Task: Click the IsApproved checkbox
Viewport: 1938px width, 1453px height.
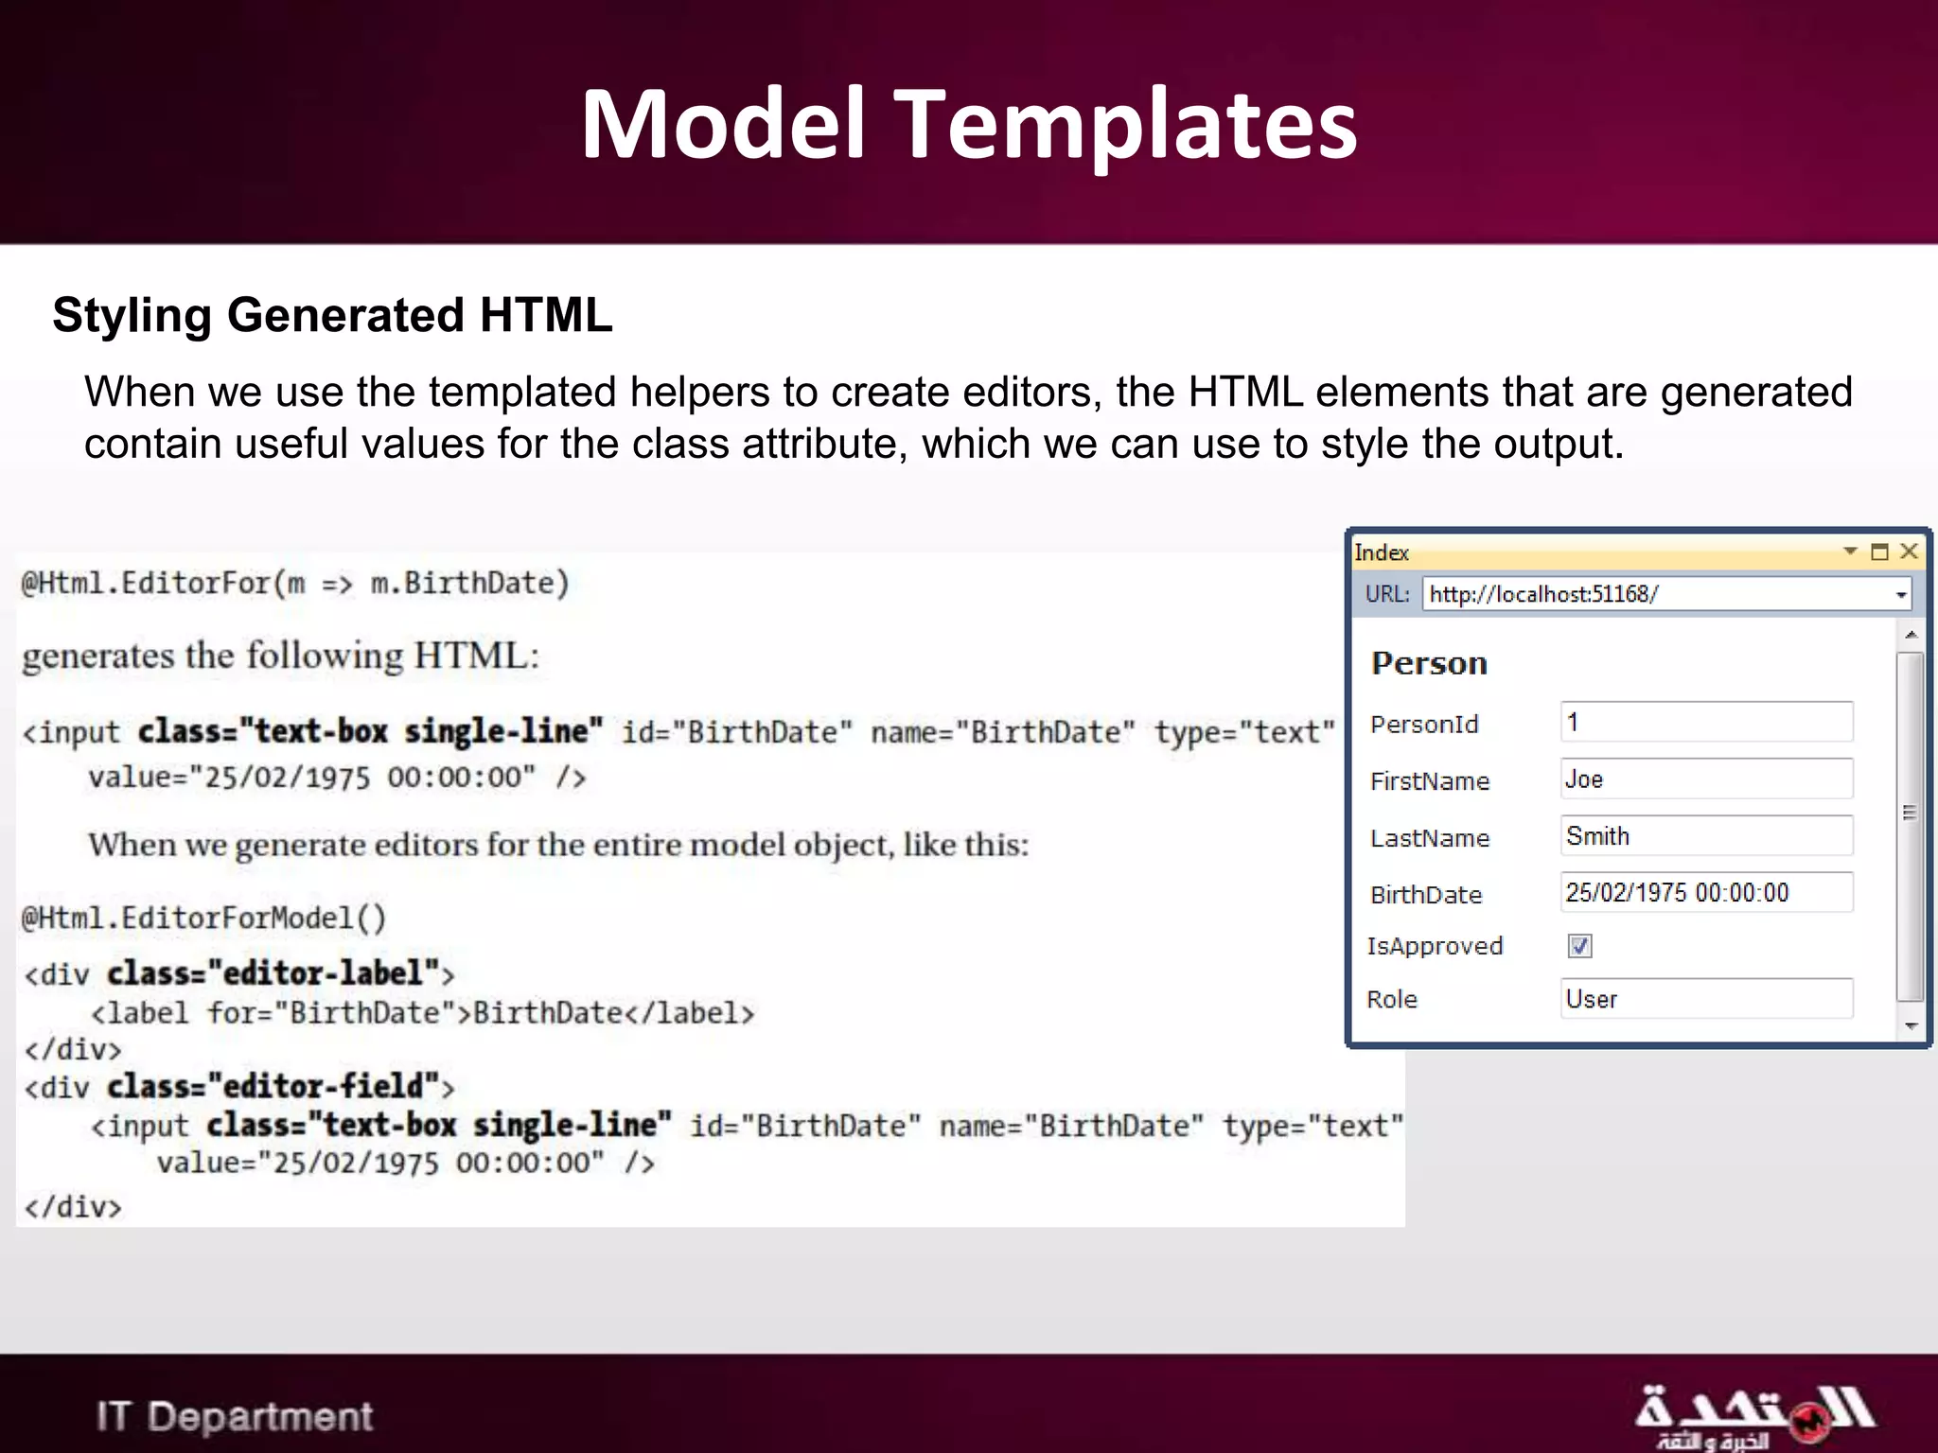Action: click(1579, 946)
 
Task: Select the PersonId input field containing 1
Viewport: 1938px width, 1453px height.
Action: click(1706, 723)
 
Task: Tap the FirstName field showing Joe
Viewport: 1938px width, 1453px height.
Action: click(1706, 779)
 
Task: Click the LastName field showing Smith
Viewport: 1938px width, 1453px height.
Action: click(1706, 836)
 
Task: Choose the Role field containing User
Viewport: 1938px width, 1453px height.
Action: click(1706, 999)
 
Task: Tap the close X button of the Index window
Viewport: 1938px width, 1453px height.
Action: click(1909, 551)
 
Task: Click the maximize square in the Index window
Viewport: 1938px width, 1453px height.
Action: click(1880, 551)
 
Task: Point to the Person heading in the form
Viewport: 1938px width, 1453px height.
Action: click(1429, 663)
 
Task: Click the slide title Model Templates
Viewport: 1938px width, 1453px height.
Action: click(969, 123)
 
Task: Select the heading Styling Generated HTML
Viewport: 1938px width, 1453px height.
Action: click(332, 315)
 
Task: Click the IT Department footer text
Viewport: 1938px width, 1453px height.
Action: click(235, 1417)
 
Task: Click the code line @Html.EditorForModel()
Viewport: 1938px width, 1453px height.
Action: click(203, 918)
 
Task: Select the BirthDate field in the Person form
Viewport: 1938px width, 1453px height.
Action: click(1706, 893)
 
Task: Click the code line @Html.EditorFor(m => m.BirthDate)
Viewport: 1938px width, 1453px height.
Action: click(295, 583)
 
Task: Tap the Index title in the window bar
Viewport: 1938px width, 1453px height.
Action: click(1382, 552)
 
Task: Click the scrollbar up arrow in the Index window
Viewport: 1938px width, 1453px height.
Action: click(1912, 634)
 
